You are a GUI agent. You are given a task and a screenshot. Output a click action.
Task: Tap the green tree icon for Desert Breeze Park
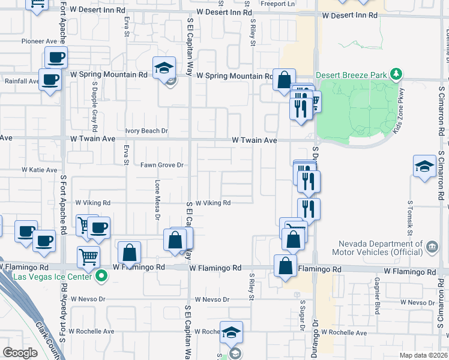[396, 74]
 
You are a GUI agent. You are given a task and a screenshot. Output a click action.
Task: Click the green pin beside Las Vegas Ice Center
[101, 277]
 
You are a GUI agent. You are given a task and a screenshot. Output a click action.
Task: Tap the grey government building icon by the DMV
[431, 246]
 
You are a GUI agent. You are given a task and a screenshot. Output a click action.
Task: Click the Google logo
[20, 353]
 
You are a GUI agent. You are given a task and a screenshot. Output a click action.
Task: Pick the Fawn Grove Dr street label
[161, 165]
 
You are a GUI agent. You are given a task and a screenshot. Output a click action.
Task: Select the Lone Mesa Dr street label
[158, 199]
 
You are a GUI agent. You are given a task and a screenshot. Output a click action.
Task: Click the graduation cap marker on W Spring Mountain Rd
[163, 70]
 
